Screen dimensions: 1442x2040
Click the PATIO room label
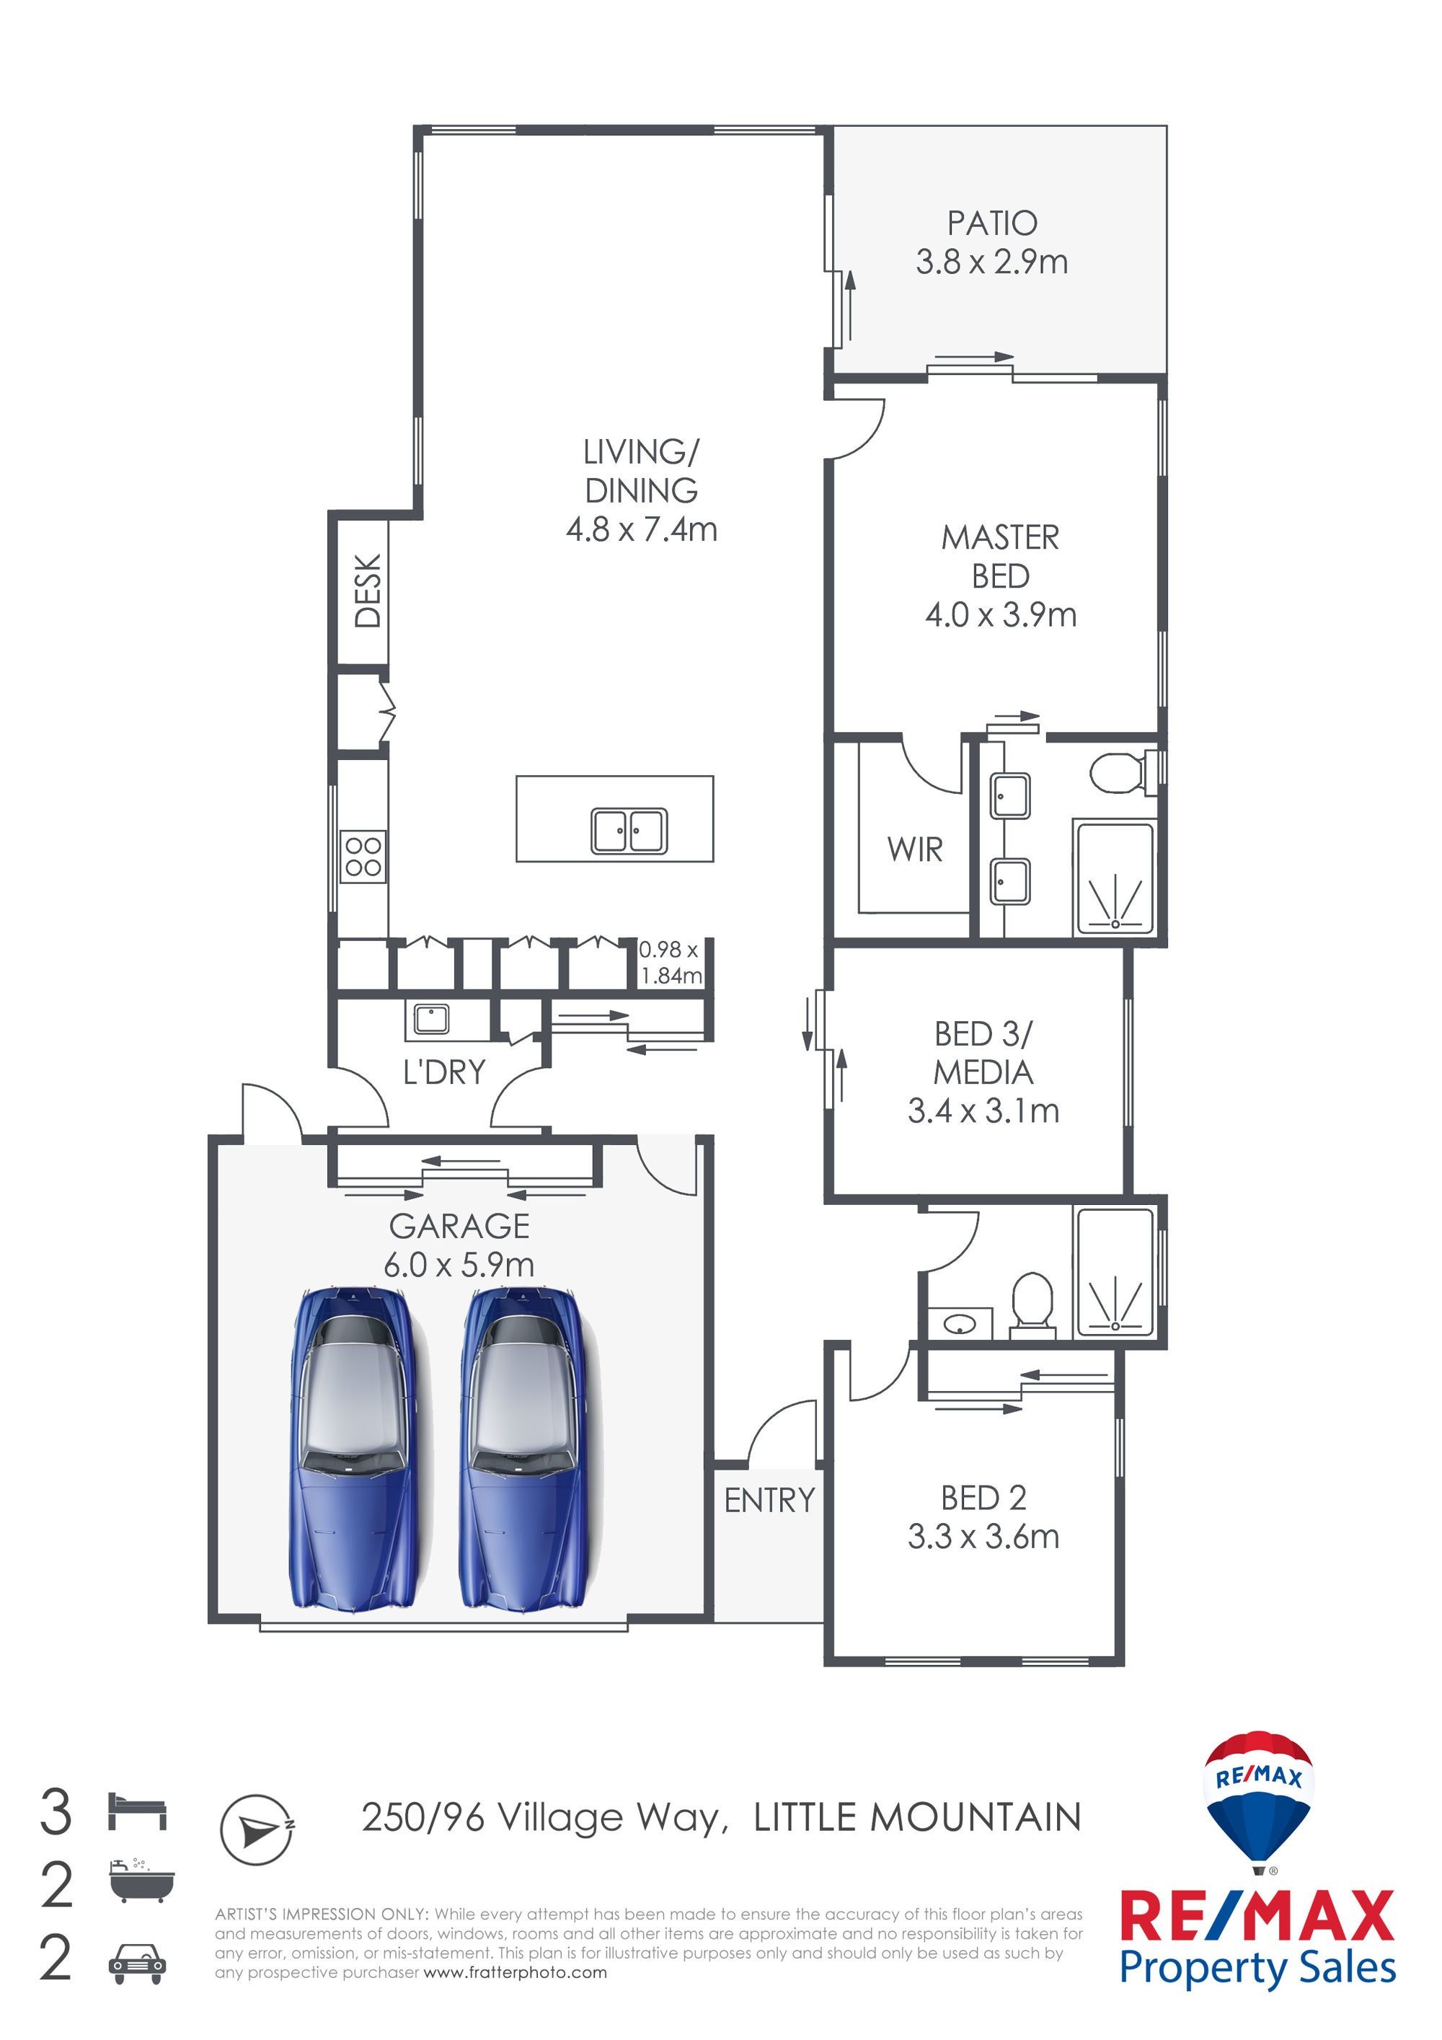[991, 222]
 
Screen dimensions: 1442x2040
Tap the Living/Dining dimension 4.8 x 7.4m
[642, 529]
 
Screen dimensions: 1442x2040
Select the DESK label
[368, 590]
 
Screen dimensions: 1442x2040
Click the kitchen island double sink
[629, 831]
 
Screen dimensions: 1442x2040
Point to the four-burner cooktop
[363, 856]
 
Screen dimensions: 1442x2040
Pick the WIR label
[914, 849]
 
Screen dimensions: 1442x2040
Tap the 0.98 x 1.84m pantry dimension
[671, 962]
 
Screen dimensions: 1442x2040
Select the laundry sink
[431, 1019]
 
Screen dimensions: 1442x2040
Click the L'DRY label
[444, 1072]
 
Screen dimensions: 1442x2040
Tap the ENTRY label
[769, 1500]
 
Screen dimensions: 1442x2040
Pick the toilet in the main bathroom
[1032, 1305]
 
